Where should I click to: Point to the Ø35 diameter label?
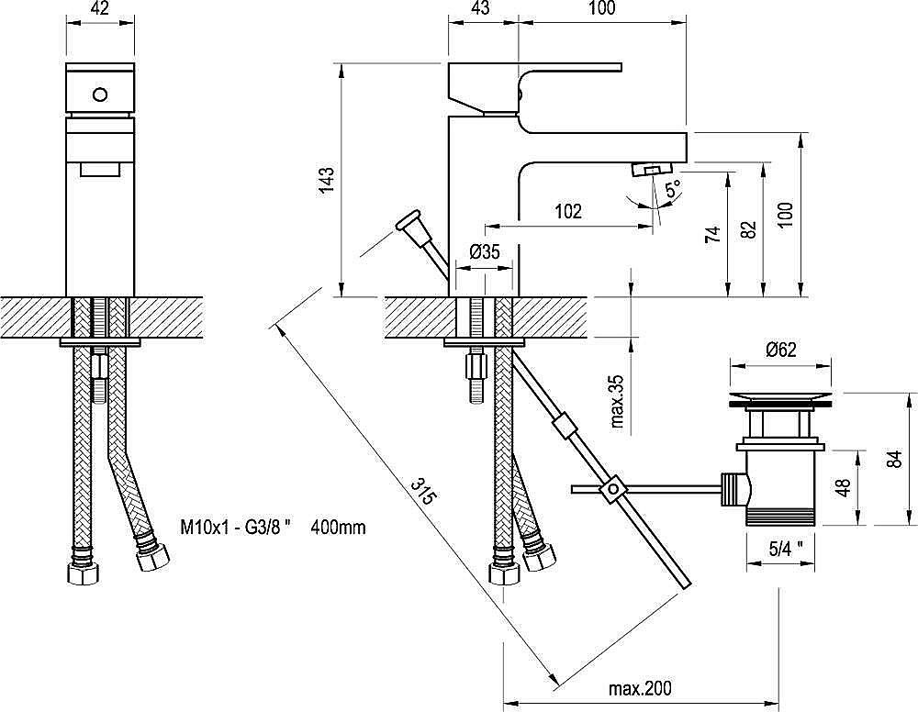(x=485, y=251)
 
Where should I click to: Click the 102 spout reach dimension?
(x=568, y=211)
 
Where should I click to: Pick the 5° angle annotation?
(x=673, y=188)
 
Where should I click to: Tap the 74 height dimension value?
(x=712, y=235)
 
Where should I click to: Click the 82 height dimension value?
(x=749, y=228)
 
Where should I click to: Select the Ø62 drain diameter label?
(x=780, y=350)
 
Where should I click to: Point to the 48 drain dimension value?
(x=843, y=487)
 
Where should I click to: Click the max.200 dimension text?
(x=641, y=688)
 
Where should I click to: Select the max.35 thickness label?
(x=617, y=401)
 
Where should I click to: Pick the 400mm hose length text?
(x=339, y=528)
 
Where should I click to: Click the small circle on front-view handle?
(x=100, y=95)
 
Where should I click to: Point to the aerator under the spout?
(x=651, y=171)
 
